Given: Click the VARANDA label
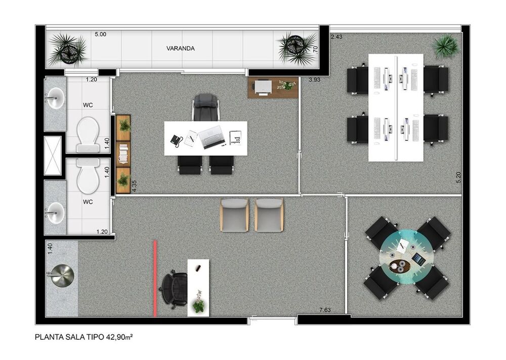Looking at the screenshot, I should (181, 49).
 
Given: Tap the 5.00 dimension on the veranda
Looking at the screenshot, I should (100, 35).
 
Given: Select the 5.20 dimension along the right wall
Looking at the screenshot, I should (458, 177).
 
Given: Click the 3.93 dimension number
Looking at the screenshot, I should (316, 79).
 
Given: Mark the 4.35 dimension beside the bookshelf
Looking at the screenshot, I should (134, 186).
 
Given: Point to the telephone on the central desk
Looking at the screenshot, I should (177, 140).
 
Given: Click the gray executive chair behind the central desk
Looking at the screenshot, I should (205, 107).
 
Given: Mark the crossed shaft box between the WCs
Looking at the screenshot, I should (53, 156).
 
